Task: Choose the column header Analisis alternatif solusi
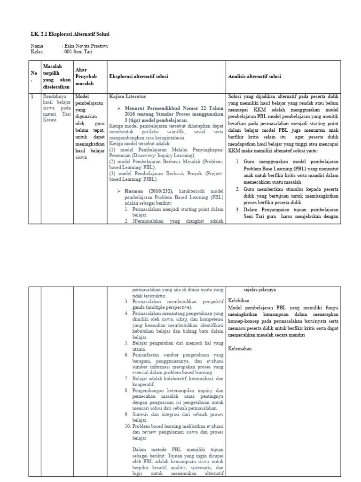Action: pos(254,76)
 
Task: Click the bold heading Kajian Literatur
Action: pos(127,96)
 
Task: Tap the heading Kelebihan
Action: pos(239,300)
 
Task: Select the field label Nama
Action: pos(37,46)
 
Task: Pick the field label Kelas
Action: pos(37,52)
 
